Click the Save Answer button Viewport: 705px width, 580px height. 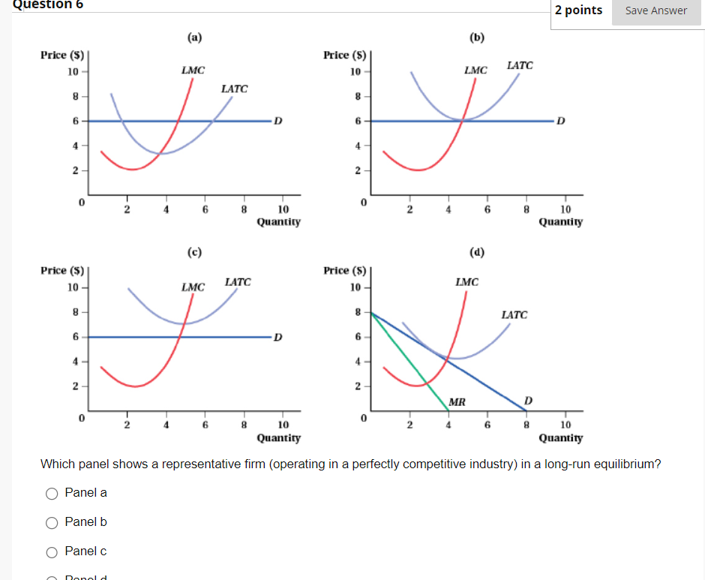(x=656, y=11)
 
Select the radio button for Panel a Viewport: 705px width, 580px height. (x=52, y=493)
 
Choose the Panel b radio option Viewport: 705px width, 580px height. (x=52, y=522)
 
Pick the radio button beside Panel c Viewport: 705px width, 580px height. (x=52, y=551)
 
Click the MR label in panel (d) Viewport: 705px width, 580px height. (x=457, y=402)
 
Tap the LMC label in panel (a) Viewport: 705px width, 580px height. (x=193, y=71)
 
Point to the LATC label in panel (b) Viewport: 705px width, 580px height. (x=520, y=65)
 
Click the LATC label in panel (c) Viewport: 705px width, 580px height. (x=238, y=282)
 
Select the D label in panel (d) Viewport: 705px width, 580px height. (x=528, y=401)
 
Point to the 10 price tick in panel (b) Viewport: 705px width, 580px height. (x=355, y=72)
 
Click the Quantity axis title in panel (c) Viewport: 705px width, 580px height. (x=278, y=437)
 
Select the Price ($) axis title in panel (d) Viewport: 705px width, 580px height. (x=344, y=270)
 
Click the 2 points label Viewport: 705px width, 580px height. (x=578, y=11)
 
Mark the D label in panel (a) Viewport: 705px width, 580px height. (x=278, y=121)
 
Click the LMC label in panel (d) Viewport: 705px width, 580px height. (x=466, y=282)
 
